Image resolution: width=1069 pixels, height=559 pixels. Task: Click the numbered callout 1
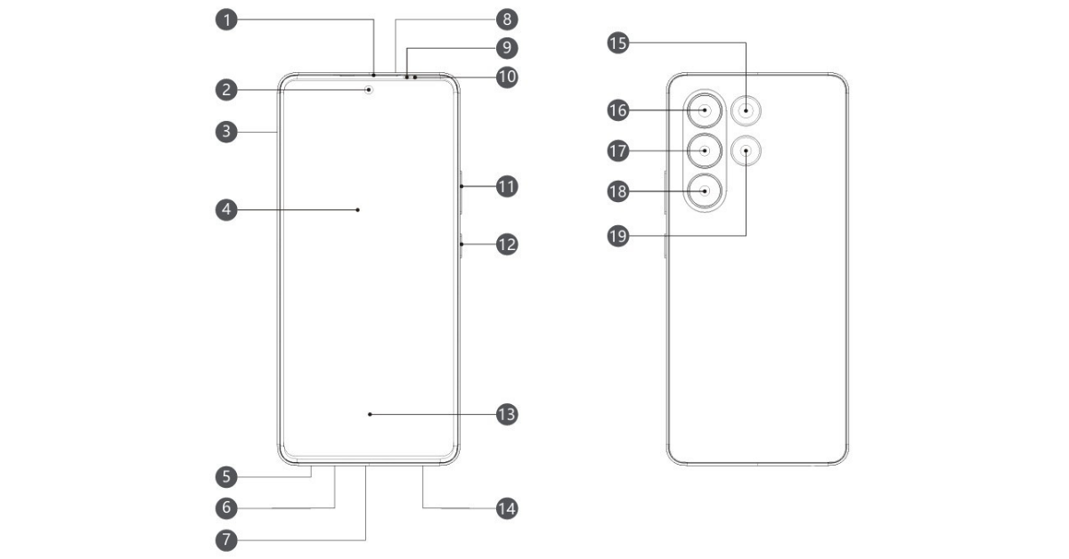[229, 18]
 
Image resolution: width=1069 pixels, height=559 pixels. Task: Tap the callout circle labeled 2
[229, 89]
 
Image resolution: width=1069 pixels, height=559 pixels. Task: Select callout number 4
[229, 210]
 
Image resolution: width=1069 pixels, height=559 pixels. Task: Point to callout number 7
[229, 539]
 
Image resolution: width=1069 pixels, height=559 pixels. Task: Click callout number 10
[507, 77]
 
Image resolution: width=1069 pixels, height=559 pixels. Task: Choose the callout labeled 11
[507, 187]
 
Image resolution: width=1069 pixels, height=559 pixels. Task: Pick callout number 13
[507, 414]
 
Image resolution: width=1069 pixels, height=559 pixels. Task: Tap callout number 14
[507, 508]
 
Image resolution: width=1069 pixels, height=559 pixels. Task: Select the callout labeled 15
[616, 42]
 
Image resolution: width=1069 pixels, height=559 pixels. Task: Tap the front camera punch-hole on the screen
[370, 89]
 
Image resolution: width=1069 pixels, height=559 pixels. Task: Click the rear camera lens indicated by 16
[705, 111]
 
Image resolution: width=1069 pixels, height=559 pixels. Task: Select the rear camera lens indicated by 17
[705, 150]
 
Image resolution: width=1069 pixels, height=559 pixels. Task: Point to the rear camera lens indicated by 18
[705, 190]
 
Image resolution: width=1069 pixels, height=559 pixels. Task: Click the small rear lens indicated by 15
[746, 111]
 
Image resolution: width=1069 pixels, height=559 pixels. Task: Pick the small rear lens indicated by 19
[746, 151]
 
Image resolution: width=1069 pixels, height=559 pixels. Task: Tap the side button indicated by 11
[461, 187]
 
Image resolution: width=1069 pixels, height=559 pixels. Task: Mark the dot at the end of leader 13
[370, 414]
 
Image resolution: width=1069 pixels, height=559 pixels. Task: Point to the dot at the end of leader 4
[357, 210]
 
